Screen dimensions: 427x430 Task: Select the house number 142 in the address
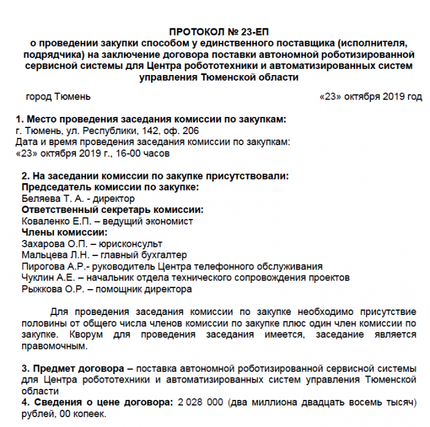151,130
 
